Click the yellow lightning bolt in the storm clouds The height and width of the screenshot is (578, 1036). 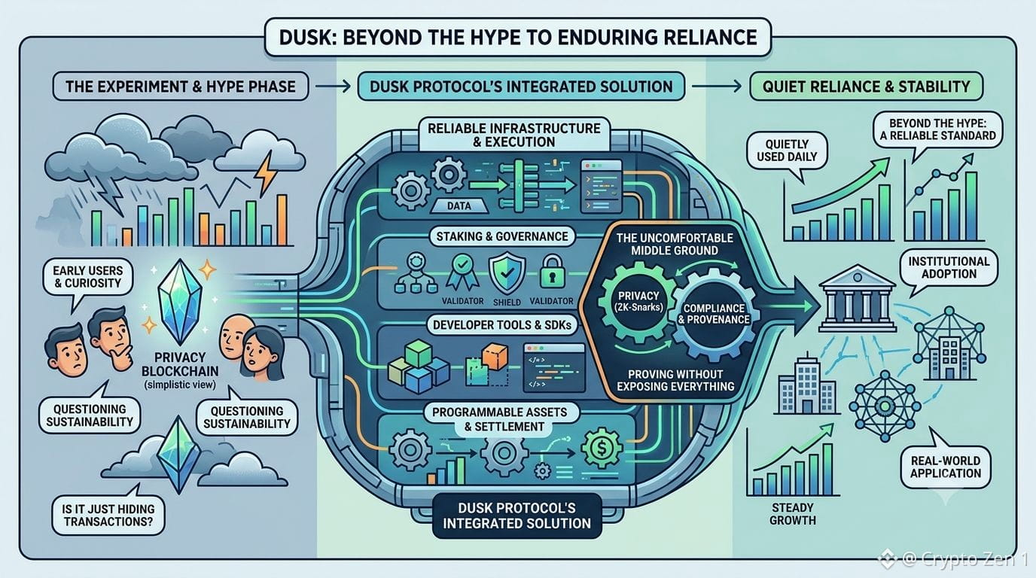click(267, 172)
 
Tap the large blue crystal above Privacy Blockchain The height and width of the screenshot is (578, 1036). click(180, 301)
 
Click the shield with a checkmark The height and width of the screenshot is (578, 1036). click(507, 272)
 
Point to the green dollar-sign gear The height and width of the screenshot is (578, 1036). click(602, 449)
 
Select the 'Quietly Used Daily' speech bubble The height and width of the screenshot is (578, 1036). click(787, 153)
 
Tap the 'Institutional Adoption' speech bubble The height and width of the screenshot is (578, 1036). click(948, 269)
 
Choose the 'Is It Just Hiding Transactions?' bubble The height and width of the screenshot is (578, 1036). click(108, 513)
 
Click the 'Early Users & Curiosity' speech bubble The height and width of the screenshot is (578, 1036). click(88, 278)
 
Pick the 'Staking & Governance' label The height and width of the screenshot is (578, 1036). click(501, 237)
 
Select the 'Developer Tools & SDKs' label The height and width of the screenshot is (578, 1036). click(501, 325)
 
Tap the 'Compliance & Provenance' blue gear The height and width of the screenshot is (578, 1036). click(714, 315)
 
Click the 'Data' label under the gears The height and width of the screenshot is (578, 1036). click(459, 206)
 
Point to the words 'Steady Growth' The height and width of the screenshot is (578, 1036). click(792, 514)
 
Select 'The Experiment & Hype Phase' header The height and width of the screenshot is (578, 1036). click(181, 87)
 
